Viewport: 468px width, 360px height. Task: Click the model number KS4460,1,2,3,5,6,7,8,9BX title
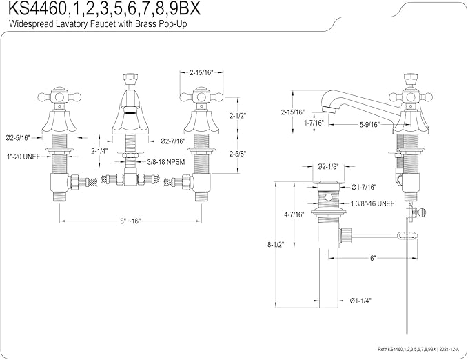coord(104,9)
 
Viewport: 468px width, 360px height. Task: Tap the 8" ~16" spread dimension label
coord(130,221)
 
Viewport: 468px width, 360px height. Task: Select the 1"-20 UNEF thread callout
coord(23,157)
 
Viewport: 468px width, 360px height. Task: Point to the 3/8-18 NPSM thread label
coord(166,162)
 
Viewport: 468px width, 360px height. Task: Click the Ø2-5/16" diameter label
coord(18,138)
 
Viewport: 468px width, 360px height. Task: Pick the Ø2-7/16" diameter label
coord(173,141)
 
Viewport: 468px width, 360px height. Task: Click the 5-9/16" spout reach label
coord(369,125)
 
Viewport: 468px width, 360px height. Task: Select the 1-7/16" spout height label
coord(314,123)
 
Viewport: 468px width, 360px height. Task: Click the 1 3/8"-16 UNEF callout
coord(372,203)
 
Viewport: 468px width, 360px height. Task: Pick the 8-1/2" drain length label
coord(276,244)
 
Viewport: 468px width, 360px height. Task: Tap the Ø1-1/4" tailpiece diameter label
coord(361,301)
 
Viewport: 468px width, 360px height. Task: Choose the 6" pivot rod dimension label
coord(373,259)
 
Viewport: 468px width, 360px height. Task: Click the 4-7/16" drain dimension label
coord(294,214)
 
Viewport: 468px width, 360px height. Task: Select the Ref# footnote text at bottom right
coord(418,349)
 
